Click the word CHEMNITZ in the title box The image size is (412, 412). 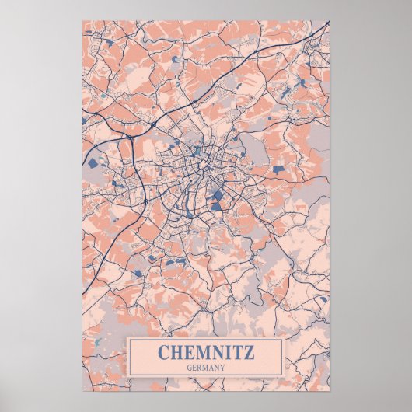[205, 352]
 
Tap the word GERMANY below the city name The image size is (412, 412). [205, 367]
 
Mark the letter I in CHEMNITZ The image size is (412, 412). [226, 352]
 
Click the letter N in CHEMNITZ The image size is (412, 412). [215, 352]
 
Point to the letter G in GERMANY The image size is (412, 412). [190, 367]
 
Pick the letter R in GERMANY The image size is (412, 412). [200, 367]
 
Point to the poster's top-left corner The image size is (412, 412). [82, 21]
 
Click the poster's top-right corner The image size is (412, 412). [330, 21]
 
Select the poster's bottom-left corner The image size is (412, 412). [82, 390]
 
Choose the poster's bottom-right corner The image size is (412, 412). [330, 390]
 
